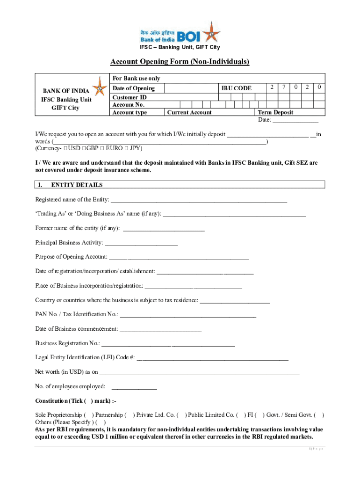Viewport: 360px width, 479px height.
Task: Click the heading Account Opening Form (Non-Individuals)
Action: click(180, 62)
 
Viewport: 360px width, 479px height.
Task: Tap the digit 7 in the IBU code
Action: click(284, 87)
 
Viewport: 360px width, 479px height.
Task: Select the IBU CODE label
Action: click(237, 88)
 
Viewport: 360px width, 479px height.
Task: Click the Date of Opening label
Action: click(134, 88)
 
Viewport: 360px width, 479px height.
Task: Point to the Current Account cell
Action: click(189, 112)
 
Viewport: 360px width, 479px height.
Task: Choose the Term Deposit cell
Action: click(276, 112)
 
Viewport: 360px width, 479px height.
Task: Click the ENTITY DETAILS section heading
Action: click(77, 185)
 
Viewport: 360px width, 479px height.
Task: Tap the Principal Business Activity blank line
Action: click(141, 244)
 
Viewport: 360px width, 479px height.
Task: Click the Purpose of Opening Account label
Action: click(71, 257)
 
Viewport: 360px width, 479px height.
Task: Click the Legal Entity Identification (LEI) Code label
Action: click(85, 357)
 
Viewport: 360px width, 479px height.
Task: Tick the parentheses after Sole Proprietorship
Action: click(89, 415)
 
